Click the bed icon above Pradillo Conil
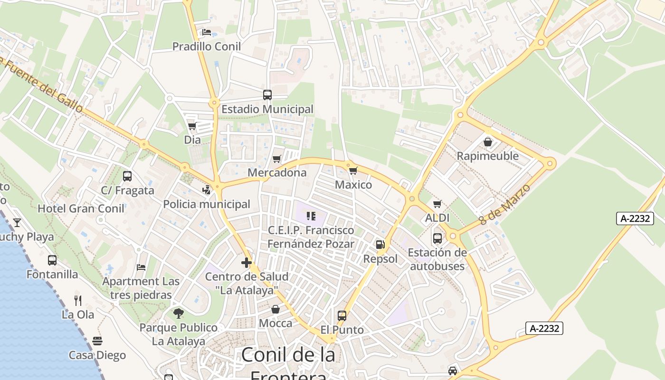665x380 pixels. pos(207,32)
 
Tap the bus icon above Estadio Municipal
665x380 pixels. pos(267,95)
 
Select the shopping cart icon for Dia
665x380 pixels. pos(192,126)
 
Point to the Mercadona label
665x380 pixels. pos(277,172)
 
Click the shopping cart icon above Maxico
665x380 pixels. pos(352,171)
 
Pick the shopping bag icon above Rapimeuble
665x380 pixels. pos(487,142)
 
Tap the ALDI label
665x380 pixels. pos(437,218)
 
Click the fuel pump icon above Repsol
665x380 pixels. pos(380,245)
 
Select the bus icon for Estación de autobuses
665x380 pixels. pos(437,238)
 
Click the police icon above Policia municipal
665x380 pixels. pos(206,190)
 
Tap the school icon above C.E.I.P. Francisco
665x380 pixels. pos(311,216)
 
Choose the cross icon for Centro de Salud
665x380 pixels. pos(247,262)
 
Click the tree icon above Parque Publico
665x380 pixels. pos(179,313)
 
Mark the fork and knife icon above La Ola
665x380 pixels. pos(78,300)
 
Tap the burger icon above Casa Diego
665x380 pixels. pos(97,341)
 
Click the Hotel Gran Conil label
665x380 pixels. pos(81,209)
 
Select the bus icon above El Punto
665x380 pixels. pos(342,315)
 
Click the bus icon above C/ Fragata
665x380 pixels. pos(127,176)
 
